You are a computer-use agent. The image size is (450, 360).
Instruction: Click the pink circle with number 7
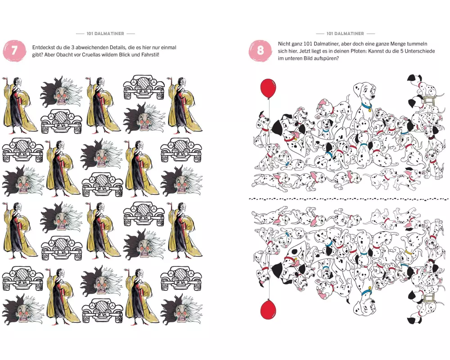[x=14, y=51]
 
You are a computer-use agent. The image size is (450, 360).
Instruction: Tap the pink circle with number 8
[x=260, y=50]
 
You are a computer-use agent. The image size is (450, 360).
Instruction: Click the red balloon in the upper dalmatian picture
[x=268, y=88]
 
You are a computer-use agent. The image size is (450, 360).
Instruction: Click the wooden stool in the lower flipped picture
[x=429, y=296]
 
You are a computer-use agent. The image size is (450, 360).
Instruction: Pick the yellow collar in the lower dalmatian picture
[x=409, y=252]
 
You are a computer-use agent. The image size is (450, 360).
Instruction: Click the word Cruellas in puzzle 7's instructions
[x=92, y=55]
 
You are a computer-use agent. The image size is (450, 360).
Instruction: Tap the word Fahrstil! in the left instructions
[x=150, y=55]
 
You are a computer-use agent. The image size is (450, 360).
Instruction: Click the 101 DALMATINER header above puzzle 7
[x=105, y=34]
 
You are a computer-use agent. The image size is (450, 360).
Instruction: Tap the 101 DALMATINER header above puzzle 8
[x=345, y=34]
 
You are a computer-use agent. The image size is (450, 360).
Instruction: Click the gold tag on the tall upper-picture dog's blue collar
[x=369, y=109]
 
